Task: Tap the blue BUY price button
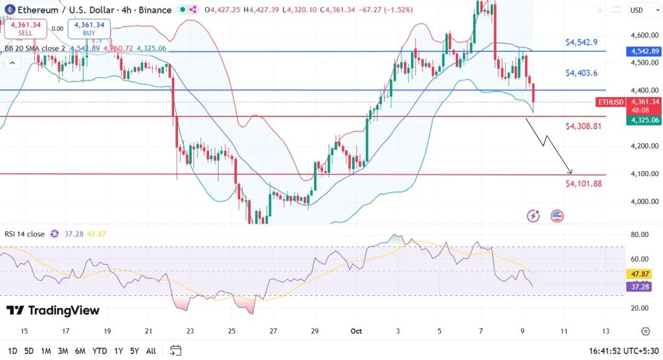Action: tap(89, 28)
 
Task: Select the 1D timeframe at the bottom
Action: tap(12, 351)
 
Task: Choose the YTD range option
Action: tap(99, 351)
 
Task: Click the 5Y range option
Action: tap(134, 351)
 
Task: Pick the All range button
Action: tap(151, 351)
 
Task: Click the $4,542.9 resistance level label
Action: tap(581, 42)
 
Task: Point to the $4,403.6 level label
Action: tap(581, 73)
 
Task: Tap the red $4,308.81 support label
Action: tap(583, 126)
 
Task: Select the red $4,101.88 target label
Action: tap(583, 184)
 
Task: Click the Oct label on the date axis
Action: tap(357, 331)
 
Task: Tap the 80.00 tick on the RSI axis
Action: tap(640, 234)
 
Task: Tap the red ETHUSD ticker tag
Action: tap(611, 102)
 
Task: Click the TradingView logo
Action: tap(53, 311)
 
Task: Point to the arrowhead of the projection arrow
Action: tap(571, 172)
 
